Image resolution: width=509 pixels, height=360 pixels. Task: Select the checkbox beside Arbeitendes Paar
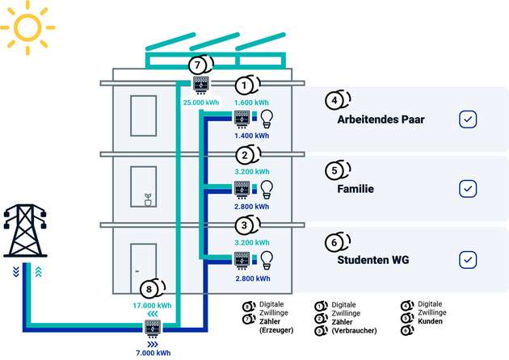pos(468,119)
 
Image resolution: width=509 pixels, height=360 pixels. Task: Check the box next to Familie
pos(468,189)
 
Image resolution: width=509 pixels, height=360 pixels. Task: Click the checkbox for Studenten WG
pos(468,260)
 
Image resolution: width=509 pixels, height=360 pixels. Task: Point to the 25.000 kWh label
pos(201,103)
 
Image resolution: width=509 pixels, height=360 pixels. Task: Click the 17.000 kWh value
pos(152,306)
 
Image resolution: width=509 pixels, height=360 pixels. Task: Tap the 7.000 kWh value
pos(152,353)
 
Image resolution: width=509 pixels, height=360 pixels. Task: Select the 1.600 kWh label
pos(250,103)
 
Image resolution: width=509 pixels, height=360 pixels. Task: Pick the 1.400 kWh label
pos(250,136)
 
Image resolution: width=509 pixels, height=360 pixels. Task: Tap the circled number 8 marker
pos(151,289)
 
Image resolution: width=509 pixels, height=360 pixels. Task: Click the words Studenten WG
pos(375,261)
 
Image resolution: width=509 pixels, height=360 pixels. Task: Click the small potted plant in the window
pos(148,199)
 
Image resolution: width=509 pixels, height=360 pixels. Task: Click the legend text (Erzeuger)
pos(276,330)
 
